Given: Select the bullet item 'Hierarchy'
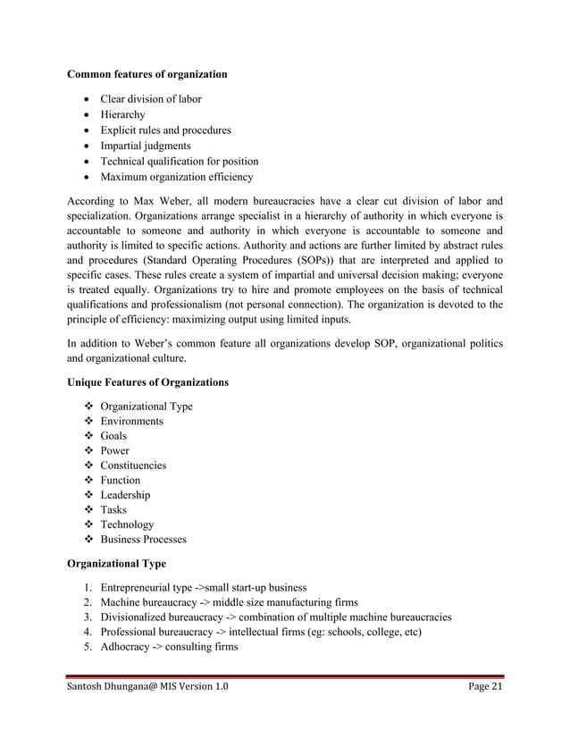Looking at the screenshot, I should tap(122, 114).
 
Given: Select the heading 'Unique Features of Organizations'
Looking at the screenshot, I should tap(147, 383).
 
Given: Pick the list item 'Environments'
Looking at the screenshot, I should tap(131, 422).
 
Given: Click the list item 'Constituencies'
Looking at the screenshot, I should tap(133, 465).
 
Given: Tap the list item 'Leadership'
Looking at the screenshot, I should tap(125, 495).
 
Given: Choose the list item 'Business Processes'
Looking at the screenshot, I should tap(143, 540).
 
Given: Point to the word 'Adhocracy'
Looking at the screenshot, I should tap(127, 647).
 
